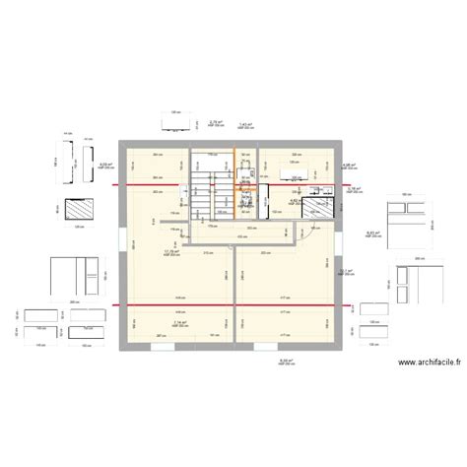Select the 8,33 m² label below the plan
[x=286, y=361]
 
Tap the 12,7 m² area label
[x=345, y=272]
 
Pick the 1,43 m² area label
[x=246, y=124]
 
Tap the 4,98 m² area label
[x=350, y=166]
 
